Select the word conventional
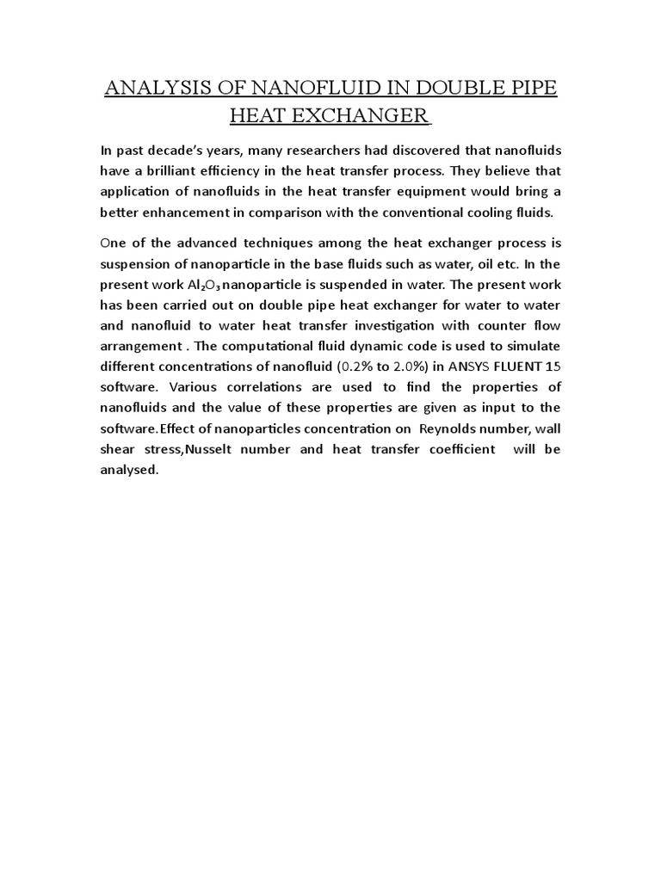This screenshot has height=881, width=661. (427, 212)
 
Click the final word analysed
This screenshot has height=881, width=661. (129, 469)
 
